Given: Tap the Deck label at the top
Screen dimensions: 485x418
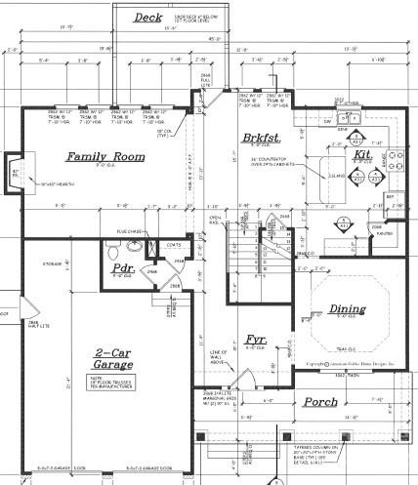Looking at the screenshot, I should [x=148, y=18].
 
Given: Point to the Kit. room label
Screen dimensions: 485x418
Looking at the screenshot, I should [x=362, y=154].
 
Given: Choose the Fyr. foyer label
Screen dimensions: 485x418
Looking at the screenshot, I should [x=257, y=340].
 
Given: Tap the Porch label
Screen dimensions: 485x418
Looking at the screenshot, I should [x=320, y=401].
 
